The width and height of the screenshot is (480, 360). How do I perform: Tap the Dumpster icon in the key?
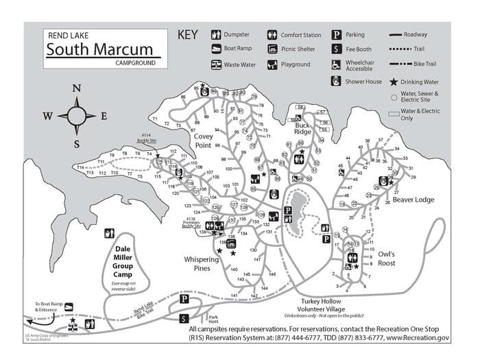216,34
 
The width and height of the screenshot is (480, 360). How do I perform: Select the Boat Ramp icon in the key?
216,49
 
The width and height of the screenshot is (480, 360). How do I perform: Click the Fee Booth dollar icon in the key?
337,49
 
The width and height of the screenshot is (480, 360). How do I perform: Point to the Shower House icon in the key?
337,81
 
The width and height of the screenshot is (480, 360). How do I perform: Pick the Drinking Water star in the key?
394,81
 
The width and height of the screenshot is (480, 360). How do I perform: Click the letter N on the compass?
77,88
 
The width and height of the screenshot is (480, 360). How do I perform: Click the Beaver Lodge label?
413,200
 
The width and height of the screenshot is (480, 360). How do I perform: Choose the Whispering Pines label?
202,264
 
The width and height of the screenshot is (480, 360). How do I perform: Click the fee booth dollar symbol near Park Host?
184,318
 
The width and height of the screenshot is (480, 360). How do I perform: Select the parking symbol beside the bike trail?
184,300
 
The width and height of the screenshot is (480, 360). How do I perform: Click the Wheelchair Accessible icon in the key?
337,65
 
